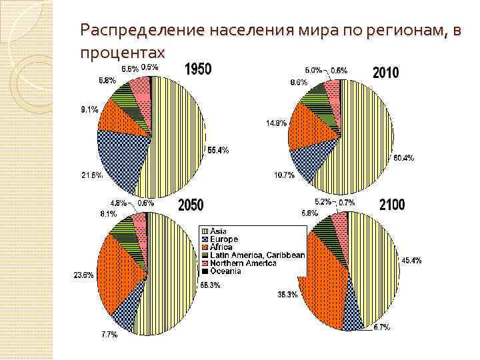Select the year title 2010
387,71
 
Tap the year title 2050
191,205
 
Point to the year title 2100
391,205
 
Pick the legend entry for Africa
221,247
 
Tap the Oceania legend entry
227,271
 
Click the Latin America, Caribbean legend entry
257,255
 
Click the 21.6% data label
91,175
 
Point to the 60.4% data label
403,158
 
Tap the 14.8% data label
276,122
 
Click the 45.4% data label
411,260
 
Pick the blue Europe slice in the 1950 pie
123,157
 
